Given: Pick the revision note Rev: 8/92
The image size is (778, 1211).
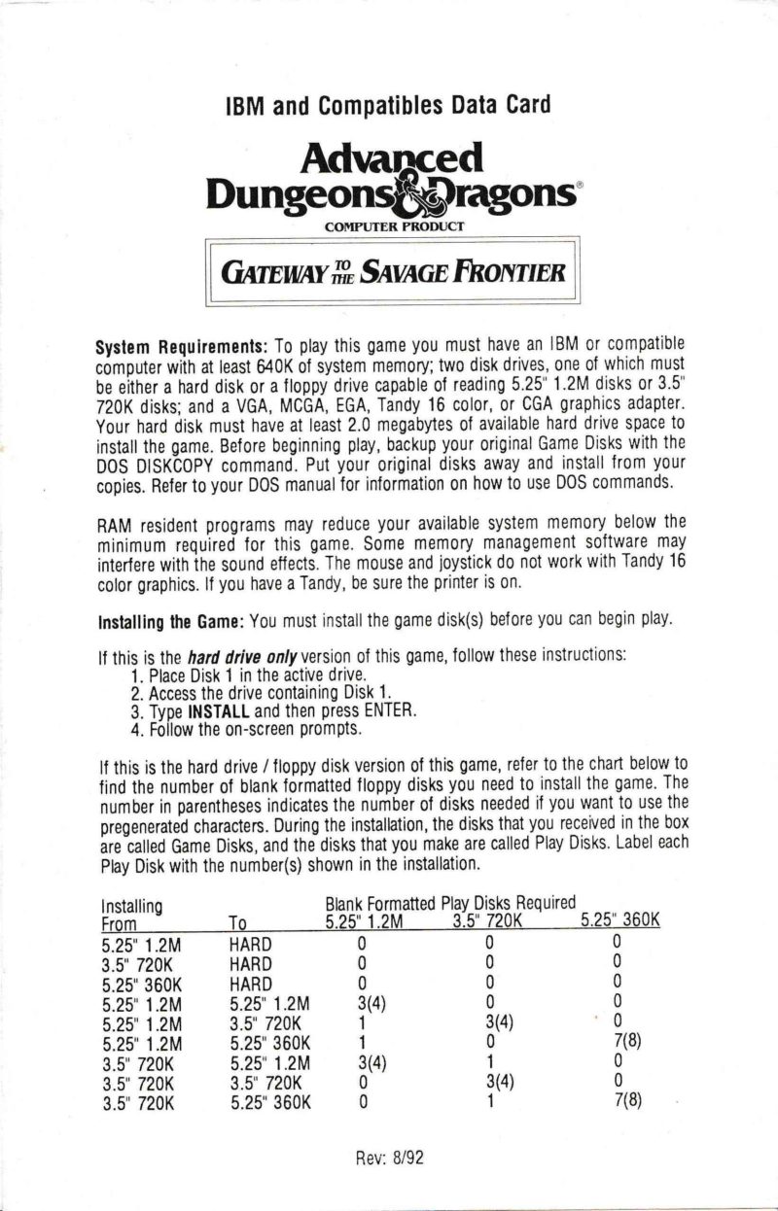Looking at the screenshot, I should [388, 1157].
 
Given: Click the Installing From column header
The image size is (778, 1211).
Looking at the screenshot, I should [130, 914].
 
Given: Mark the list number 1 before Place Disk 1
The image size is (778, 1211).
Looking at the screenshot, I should [135, 674].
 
